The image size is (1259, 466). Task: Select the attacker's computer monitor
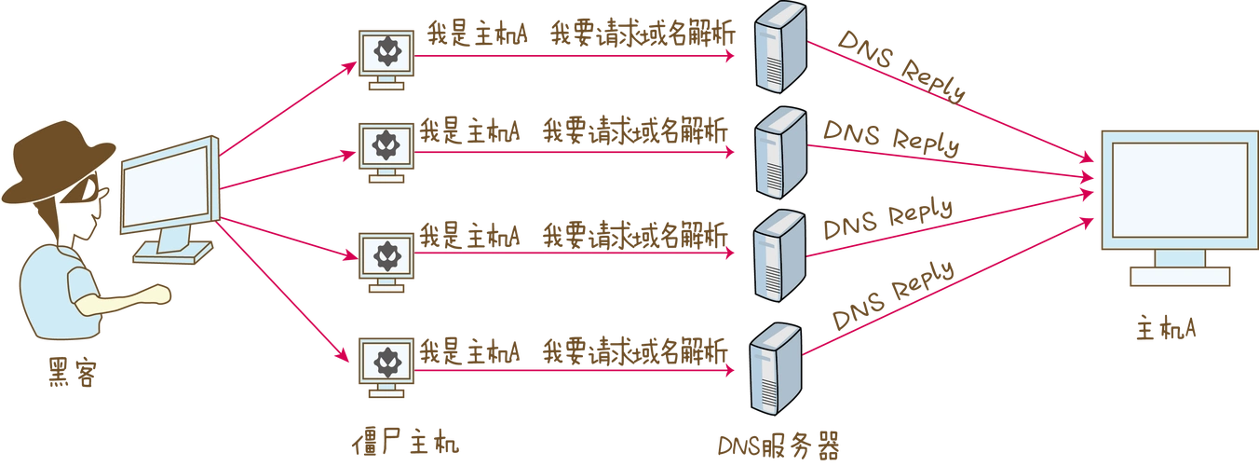point(168,191)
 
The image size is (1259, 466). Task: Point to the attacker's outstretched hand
point(160,295)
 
